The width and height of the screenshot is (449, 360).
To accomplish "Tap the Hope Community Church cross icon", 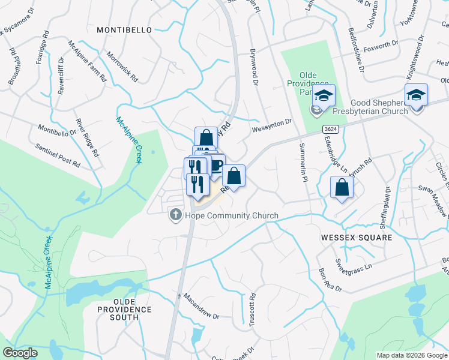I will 176,215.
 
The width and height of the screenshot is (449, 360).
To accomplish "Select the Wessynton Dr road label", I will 271,123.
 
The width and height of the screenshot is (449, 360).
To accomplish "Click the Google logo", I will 20,353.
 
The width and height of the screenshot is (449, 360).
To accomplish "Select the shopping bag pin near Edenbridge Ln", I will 342,188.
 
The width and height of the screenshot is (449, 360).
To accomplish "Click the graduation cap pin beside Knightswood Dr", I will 416,95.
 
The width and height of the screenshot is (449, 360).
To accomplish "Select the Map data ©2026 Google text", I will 412,355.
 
